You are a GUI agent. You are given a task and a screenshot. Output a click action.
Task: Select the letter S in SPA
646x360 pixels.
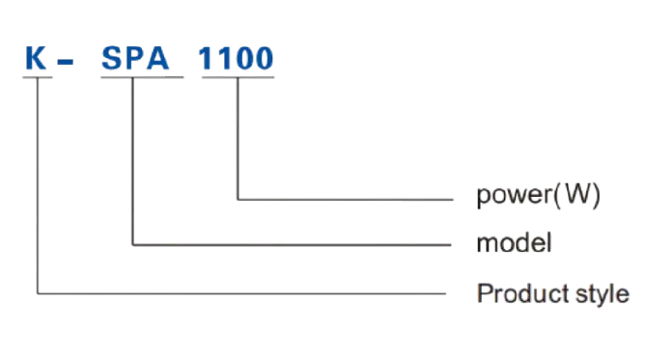[112, 59]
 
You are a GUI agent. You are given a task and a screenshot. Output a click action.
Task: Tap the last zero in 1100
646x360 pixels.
[265, 59]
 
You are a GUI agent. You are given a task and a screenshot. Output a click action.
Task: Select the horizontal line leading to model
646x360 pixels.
[290, 242]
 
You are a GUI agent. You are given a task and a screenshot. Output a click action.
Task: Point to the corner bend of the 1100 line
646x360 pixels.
[236, 199]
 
